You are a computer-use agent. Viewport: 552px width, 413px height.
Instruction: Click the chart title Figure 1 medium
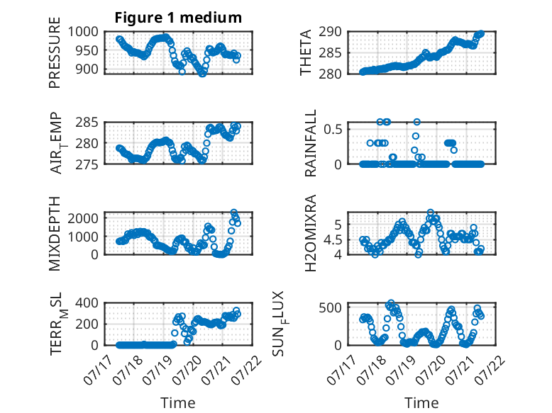[x=178, y=18]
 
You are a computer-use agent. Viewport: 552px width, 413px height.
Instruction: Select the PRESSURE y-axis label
[x=55, y=52]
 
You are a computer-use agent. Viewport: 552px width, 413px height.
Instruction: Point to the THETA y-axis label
[x=306, y=52]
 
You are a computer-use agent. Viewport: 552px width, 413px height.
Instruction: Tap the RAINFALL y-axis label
[x=311, y=143]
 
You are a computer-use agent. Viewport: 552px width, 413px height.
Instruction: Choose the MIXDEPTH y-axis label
[x=55, y=234]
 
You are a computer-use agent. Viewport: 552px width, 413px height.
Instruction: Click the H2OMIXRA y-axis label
[x=311, y=233]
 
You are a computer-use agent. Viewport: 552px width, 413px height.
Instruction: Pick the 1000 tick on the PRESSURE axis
[x=83, y=32]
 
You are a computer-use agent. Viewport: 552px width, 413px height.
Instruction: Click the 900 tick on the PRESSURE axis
[x=87, y=69]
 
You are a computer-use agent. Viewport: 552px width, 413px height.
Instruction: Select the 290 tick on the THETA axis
[x=330, y=32]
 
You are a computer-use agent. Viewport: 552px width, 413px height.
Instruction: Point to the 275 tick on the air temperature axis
[x=87, y=164]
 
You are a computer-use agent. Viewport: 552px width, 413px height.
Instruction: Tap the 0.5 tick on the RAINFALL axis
[x=333, y=129]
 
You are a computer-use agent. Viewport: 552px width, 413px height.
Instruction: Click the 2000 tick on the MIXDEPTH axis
[x=83, y=218]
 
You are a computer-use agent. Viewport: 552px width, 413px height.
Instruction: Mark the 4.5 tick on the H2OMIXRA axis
[x=333, y=240]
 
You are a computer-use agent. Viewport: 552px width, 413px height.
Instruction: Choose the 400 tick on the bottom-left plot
[x=87, y=302]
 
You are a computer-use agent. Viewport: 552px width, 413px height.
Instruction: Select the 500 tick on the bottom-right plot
[x=330, y=308]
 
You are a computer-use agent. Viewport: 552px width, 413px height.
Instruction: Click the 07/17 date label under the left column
[x=96, y=370]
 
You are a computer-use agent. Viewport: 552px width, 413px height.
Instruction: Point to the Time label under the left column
[x=178, y=403]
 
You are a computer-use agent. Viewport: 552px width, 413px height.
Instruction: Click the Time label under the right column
[x=421, y=403]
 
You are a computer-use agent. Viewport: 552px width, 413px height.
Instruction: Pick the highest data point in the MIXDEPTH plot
[x=233, y=213]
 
